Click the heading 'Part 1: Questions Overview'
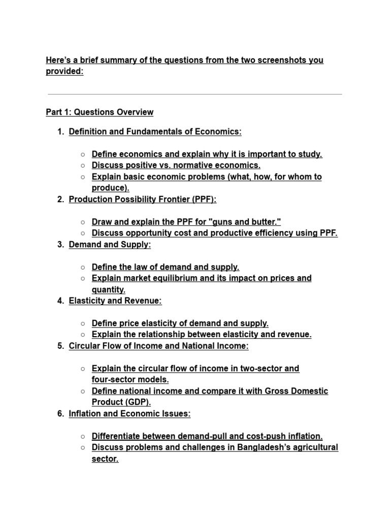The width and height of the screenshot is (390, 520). coord(100,112)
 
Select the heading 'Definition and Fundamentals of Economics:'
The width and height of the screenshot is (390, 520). coord(155,132)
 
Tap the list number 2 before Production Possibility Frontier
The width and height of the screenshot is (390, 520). coord(60,200)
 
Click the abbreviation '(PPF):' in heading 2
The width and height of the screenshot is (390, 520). coord(204,200)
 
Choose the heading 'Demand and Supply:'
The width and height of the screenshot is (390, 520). coord(110,245)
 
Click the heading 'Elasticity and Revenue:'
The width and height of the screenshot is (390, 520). coord(115,301)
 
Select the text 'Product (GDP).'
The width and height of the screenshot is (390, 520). coord(121,402)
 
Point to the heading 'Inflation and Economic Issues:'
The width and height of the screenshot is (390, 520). coord(129,414)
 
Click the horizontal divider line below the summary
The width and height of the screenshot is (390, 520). coord(194,94)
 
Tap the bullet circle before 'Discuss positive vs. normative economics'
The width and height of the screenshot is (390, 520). coord(82,166)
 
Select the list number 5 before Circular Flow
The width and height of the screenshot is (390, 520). coord(60,346)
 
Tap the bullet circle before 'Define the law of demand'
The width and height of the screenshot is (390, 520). coord(82,267)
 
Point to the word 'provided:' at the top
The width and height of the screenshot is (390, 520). coord(64,72)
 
